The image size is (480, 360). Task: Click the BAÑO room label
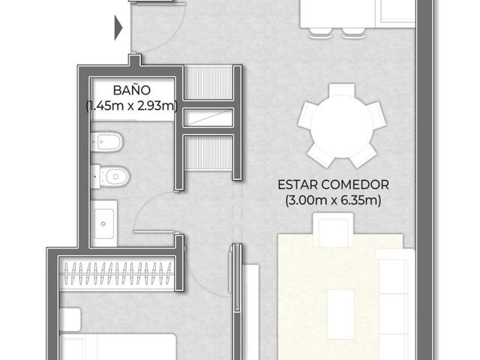pos(132,90)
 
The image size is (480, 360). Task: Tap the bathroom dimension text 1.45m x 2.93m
pos(132,106)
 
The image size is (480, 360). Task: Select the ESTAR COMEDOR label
pos(333,184)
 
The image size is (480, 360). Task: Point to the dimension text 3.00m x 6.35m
pos(333,200)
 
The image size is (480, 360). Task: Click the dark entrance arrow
pos(118,28)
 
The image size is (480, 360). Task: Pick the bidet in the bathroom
pos(107,142)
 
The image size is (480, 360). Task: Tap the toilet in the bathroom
pos(110,176)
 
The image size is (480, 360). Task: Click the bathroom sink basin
pos(104,223)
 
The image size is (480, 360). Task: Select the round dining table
pos(342,127)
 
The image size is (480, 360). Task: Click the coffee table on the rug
pos(340,314)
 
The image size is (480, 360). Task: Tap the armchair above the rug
pos(333,230)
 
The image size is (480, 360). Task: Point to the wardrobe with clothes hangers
pos(117,273)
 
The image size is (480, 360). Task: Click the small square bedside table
pos(70,319)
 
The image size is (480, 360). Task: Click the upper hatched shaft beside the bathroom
pos(208,83)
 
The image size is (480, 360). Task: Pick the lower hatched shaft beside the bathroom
pos(208,152)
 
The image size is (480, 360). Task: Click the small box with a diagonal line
pos(208,118)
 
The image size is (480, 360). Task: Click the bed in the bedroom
pos(118,346)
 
